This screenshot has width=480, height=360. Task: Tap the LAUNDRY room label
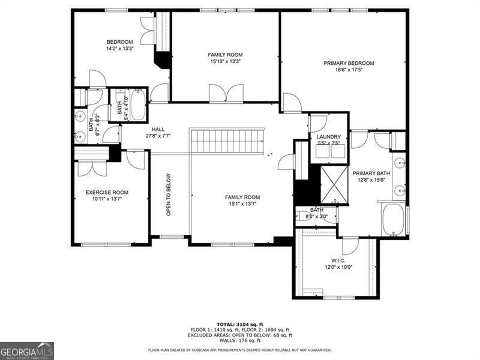tap(328, 137)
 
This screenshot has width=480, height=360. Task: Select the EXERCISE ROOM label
tap(107, 193)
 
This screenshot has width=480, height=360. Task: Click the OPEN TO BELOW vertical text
tap(169, 194)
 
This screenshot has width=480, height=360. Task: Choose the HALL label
tap(158, 129)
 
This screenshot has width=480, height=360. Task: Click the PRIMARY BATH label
tap(371, 173)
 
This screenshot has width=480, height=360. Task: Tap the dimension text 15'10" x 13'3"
tap(225, 61)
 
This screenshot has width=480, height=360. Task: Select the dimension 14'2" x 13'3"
tap(119, 49)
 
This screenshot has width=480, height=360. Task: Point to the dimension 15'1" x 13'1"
tap(242, 204)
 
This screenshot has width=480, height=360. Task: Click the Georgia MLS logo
tap(27, 350)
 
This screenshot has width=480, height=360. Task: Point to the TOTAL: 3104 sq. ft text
tap(239, 324)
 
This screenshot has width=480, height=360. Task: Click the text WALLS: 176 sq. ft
tap(240, 340)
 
